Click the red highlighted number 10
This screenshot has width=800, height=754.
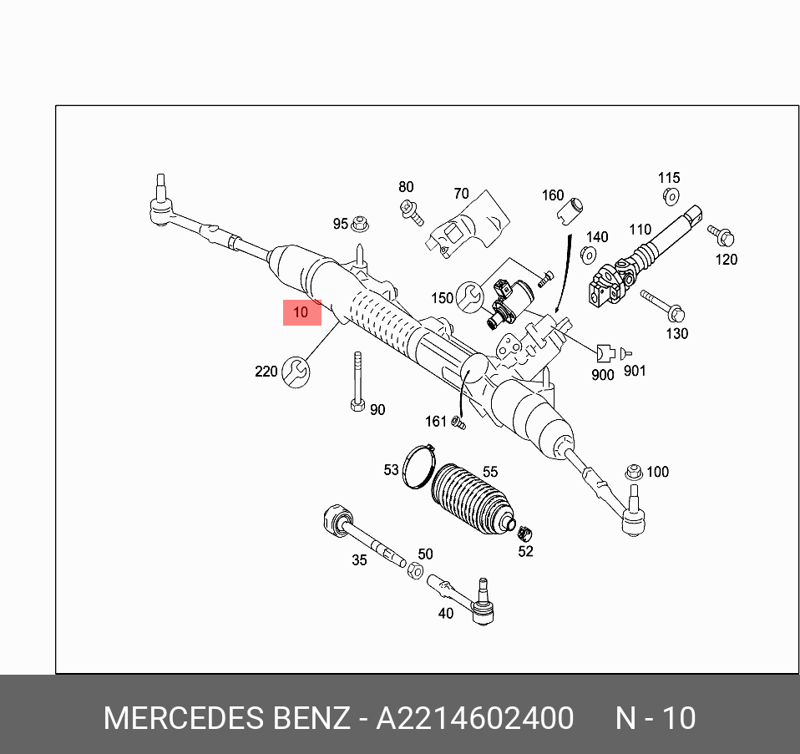301,312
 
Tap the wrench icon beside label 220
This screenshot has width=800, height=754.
296,371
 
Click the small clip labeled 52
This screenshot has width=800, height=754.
526,533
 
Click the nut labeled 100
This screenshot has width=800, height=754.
633,472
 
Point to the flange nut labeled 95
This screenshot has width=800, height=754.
361,224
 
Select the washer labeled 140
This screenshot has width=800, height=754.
589,256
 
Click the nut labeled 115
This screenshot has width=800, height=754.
670,197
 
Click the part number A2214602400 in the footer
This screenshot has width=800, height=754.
474,718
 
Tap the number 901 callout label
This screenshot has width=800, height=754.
635,371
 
